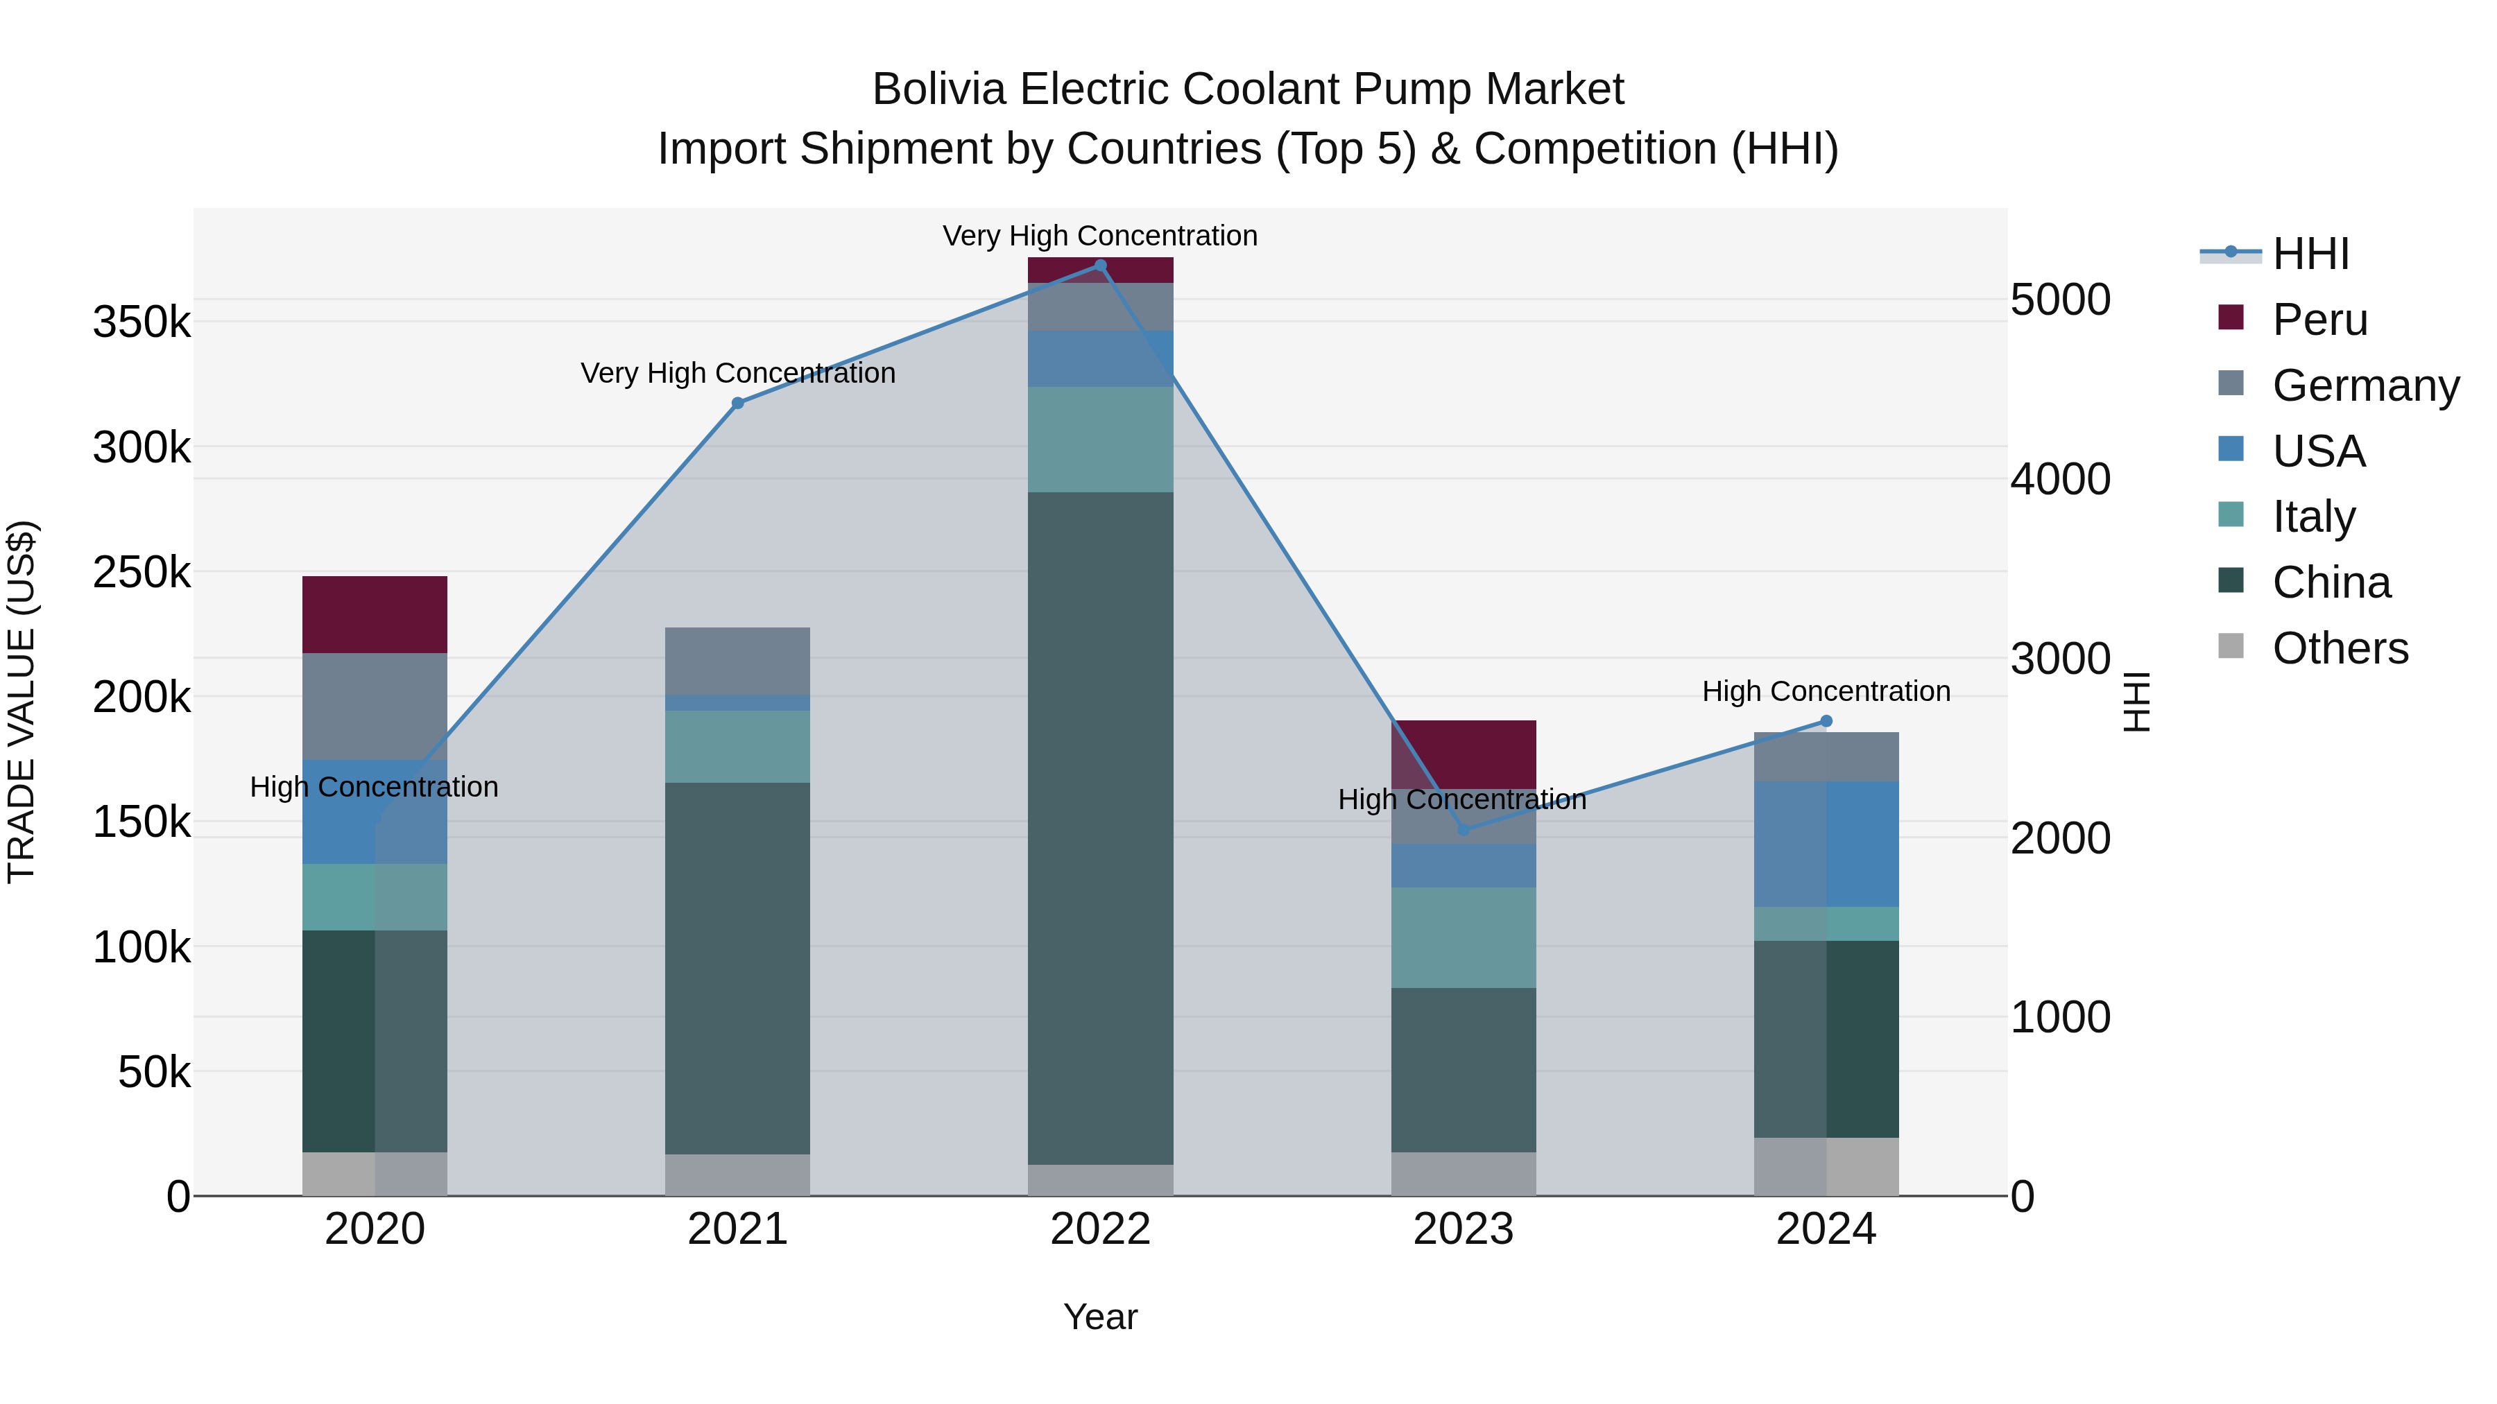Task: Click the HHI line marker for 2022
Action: [x=1100, y=266]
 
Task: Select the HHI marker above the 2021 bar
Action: [x=738, y=403]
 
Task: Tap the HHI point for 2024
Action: [x=1826, y=721]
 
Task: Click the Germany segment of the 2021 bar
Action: [x=738, y=661]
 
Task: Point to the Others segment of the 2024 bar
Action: [x=1826, y=1167]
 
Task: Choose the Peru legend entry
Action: [x=2319, y=320]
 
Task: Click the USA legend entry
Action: [x=2319, y=451]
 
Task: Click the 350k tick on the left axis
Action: [x=141, y=322]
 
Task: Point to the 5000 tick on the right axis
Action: [x=2060, y=300]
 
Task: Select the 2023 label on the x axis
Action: [x=1464, y=1229]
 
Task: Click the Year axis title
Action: [x=1100, y=1317]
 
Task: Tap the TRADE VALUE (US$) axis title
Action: [x=22, y=702]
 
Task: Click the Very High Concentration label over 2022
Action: [x=1100, y=236]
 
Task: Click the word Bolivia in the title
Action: [x=938, y=89]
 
